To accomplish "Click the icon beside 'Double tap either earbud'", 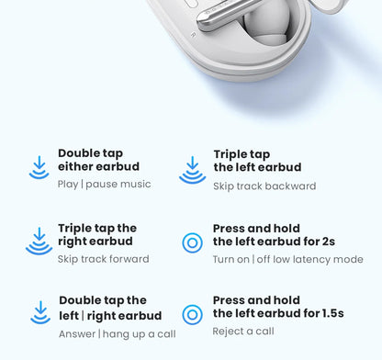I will pyautogui.click(x=39, y=167).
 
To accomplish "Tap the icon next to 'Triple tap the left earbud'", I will pyautogui.click(x=192, y=169).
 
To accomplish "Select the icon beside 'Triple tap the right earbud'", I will pyautogui.click(x=39, y=241).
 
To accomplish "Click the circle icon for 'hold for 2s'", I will pyautogui.click(x=192, y=242).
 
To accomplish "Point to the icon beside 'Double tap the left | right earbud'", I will pyautogui.click(x=40, y=313).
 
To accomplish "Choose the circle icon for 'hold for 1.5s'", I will pyautogui.click(x=192, y=314).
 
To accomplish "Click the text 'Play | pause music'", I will pyautogui.click(x=104, y=185).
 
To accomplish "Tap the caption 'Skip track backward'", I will pyautogui.click(x=264, y=186).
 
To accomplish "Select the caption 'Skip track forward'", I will pyautogui.click(x=103, y=259).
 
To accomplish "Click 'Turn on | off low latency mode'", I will pyautogui.click(x=287, y=259).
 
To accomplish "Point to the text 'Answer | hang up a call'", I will pyautogui.click(x=118, y=333).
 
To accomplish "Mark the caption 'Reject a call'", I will pyautogui.click(x=243, y=332).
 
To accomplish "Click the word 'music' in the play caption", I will pyautogui.click(x=133, y=185).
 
